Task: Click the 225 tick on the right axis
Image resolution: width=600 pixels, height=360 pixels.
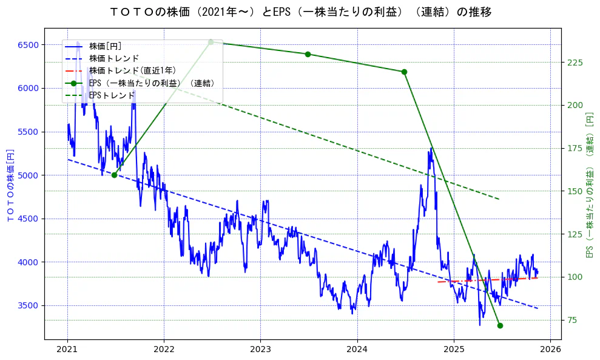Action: point(575,63)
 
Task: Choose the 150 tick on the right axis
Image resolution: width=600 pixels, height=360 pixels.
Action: point(575,191)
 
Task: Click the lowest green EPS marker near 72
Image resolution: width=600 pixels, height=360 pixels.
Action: point(500,325)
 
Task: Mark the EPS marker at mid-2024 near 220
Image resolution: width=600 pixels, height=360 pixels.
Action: point(404,72)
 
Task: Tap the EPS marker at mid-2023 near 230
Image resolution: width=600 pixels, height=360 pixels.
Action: point(308,54)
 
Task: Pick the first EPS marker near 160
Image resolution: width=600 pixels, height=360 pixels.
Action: point(114,175)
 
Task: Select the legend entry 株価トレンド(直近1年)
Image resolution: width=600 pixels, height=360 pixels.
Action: point(132,70)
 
